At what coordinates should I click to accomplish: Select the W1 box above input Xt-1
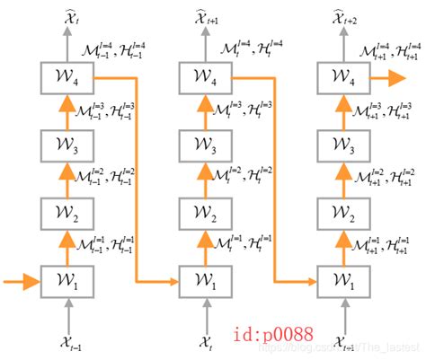[68, 282]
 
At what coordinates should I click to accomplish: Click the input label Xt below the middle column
[206, 342]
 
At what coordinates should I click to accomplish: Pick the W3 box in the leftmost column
[68, 144]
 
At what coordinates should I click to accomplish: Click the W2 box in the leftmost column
[68, 213]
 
